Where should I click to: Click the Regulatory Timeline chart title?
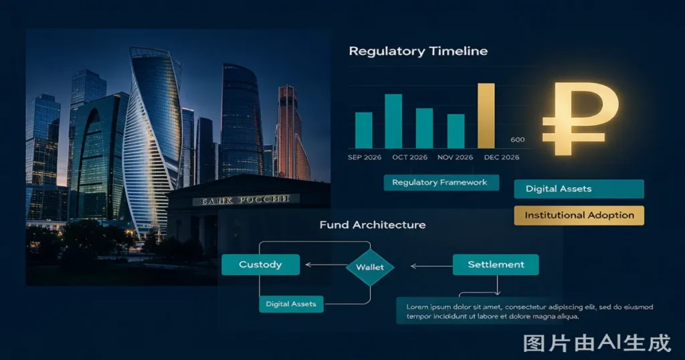(x=418, y=51)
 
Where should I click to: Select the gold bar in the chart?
(x=486, y=116)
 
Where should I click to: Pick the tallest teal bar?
(x=393, y=121)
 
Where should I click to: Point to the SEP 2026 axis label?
(x=365, y=157)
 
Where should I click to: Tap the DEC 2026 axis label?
(x=502, y=157)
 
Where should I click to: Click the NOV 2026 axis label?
(x=455, y=157)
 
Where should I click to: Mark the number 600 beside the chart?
(x=518, y=140)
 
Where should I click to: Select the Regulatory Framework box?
(x=442, y=183)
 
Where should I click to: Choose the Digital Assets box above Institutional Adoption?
(x=579, y=189)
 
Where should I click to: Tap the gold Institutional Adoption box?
(x=579, y=215)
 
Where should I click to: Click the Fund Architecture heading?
(x=373, y=225)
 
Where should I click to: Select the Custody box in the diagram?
(x=260, y=265)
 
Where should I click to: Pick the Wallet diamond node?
(x=370, y=268)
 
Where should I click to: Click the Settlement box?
(x=496, y=265)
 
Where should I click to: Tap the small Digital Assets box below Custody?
(x=291, y=304)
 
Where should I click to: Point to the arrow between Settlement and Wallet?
(x=431, y=266)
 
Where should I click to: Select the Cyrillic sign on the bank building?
(x=246, y=200)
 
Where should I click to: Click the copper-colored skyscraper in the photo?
(x=290, y=133)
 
